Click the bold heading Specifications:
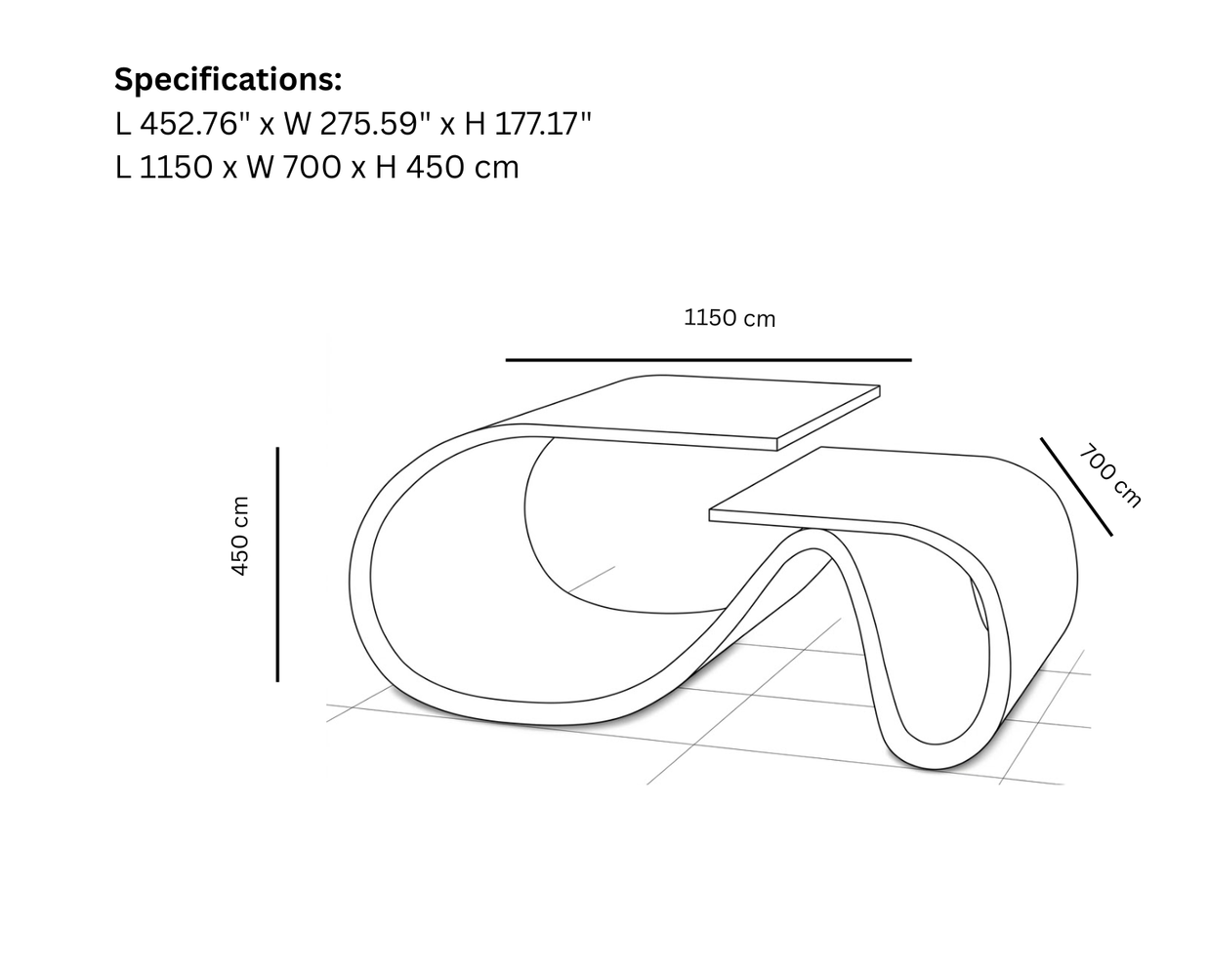pyautogui.click(x=229, y=80)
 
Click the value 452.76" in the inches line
pyautogui.click(x=195, y=124)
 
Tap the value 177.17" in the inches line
pyautogui.click(x=543, y=124)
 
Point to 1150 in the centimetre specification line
pyautogui.click(x=176, y=167)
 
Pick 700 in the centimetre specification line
pyautogui.click(x=311, y=167)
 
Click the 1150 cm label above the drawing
pyautogui.click(x=730, y=318)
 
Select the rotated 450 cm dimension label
pyautogui.click(x=240, y=536)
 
